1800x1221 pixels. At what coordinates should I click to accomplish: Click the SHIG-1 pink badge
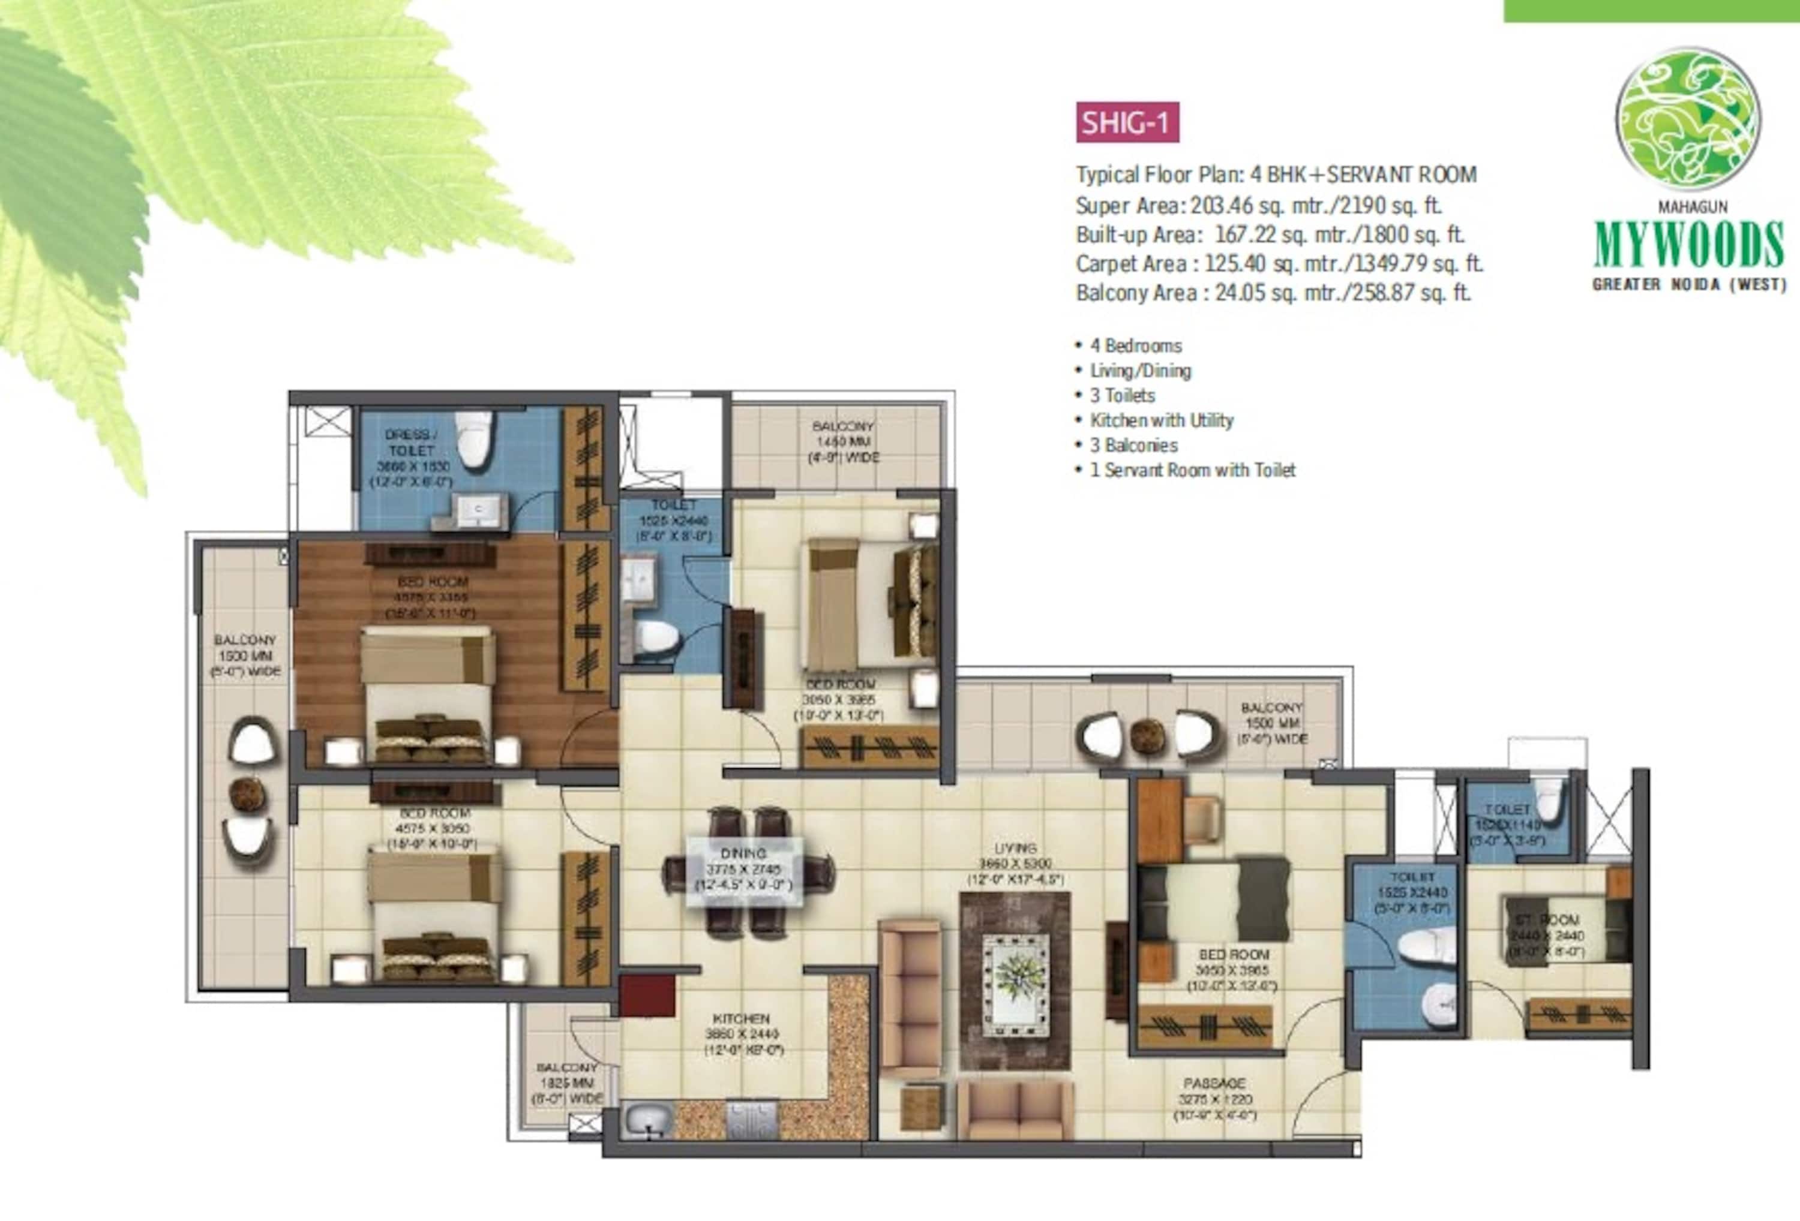tap(1127, 123)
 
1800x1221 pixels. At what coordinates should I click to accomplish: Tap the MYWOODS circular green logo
tap(1688, 119)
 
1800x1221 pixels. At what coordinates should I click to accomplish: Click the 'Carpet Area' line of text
tap(1278, 264)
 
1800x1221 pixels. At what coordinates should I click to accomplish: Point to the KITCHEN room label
tap(741, 1018)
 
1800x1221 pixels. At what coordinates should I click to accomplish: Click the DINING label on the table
tap(743, 854)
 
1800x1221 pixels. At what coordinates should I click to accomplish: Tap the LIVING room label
tap(1015, 849)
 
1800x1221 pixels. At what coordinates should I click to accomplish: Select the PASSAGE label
tap(1214, 1083)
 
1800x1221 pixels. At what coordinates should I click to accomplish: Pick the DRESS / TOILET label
tap(411, 442)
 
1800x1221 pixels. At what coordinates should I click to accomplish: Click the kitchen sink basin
tap(649, 1120)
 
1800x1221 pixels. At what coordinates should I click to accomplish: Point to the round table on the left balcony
tap(248, 793)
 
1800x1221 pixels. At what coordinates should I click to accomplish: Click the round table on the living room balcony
tap(1147, 736)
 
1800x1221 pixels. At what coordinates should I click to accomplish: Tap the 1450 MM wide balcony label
tap(842, 441)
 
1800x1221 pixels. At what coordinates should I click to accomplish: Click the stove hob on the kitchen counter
tap(751, 1120)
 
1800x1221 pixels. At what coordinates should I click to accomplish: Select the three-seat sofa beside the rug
tap(911, 999)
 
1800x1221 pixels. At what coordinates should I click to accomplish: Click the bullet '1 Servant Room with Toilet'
tap(1193, 470)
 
